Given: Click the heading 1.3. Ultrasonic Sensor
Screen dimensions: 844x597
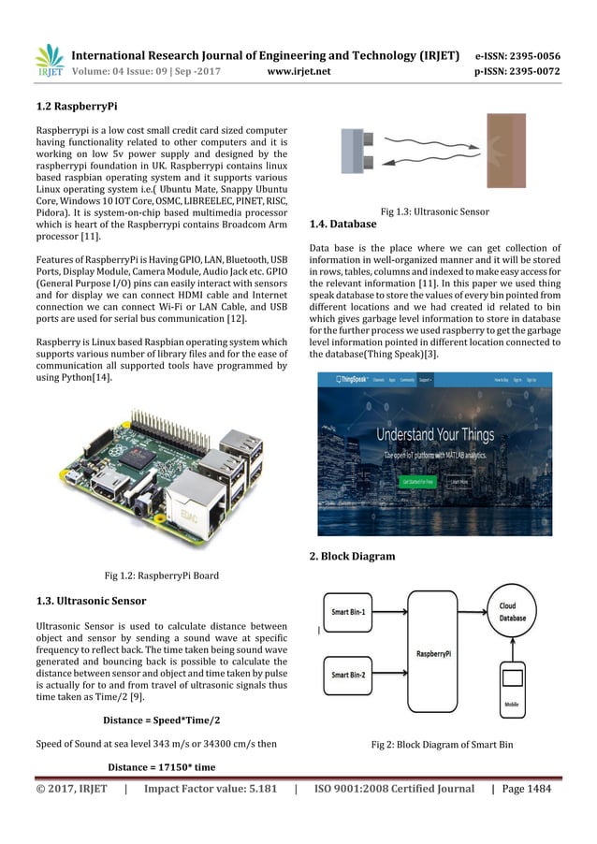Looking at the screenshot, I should point(90,599).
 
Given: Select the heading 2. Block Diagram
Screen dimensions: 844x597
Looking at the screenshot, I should point(352,557).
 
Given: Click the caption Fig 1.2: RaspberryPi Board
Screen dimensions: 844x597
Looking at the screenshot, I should point(161,575).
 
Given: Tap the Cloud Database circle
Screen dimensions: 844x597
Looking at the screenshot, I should point(512,611).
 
